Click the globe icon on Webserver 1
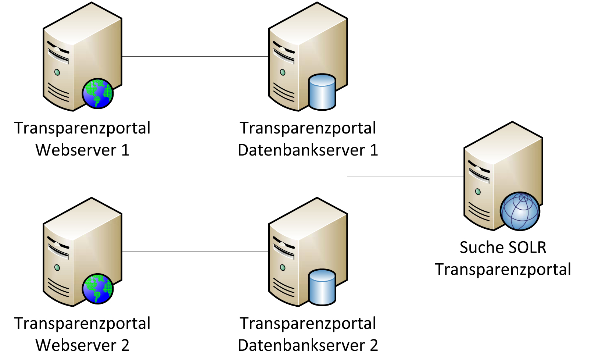pos(98,93)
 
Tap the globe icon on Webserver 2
pos(98,289)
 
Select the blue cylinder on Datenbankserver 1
pos(322,92)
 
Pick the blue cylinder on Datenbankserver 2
pos(322,287)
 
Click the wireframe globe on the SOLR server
pos(520,211)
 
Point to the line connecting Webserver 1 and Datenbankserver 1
pos(195,57)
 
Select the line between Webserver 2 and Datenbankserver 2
pos(195,252)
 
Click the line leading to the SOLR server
pos(405,176)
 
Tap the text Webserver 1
pos(82,150)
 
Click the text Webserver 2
pos(82,345)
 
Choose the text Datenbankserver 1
pos(308,150)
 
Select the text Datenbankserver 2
pos(308,345)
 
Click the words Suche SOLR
pos(503,247)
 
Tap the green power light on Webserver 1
pos(57,72)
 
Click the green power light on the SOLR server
pos(478,192)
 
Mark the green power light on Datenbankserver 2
pos(283,268)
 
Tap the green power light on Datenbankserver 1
pos(283,72)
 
